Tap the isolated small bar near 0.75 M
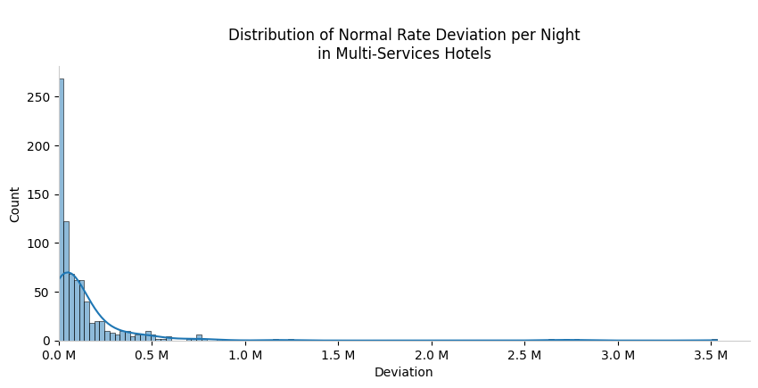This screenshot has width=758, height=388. point(199,337)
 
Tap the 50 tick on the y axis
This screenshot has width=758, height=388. point(45,292)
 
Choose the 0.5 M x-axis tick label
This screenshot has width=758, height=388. point(152,355)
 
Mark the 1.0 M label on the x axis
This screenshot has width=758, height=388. point(245,355)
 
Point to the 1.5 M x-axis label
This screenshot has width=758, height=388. point(338,355)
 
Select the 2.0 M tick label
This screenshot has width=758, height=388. point(432,355)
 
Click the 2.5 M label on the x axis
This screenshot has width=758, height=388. point(524,355)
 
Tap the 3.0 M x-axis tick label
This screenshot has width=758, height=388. point(617,355)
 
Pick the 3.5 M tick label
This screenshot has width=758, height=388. point(710,355)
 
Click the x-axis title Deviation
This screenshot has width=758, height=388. point(403,372)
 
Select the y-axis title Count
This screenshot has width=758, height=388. point(15,204)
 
